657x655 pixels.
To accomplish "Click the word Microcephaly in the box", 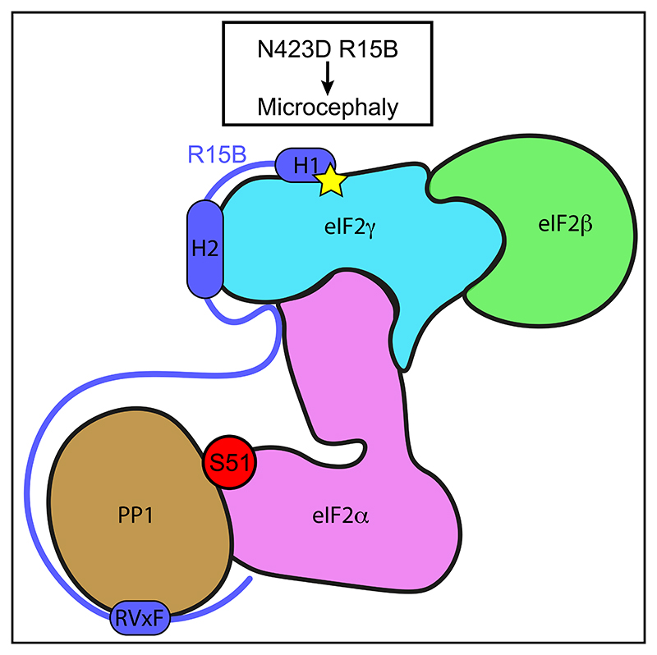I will pos(327,106).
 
